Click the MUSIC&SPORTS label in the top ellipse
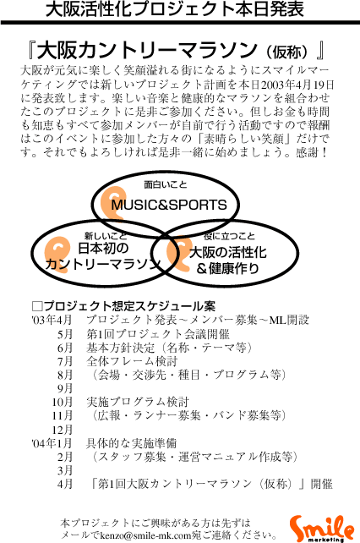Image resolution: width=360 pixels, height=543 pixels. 169,205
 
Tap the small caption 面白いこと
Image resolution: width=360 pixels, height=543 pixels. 165,184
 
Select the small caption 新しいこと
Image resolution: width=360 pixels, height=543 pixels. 106,236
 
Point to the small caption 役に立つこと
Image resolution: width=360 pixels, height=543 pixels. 229,236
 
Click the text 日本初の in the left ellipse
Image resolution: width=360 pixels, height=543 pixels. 103,248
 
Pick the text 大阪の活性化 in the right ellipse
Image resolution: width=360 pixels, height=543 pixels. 228,252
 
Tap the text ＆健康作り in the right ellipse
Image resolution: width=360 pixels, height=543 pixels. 228,268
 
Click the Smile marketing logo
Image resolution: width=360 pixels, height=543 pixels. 322,528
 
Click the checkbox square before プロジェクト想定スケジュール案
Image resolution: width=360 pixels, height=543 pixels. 37,306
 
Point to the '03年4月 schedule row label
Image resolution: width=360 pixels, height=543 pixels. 52,320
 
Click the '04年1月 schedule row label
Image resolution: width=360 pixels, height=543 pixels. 52,443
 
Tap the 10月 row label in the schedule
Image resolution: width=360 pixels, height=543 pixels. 63,402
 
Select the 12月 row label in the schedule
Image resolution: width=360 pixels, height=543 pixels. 63,430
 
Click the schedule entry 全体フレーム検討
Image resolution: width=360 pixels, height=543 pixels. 132,361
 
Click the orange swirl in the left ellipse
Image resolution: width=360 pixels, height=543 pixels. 57,255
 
